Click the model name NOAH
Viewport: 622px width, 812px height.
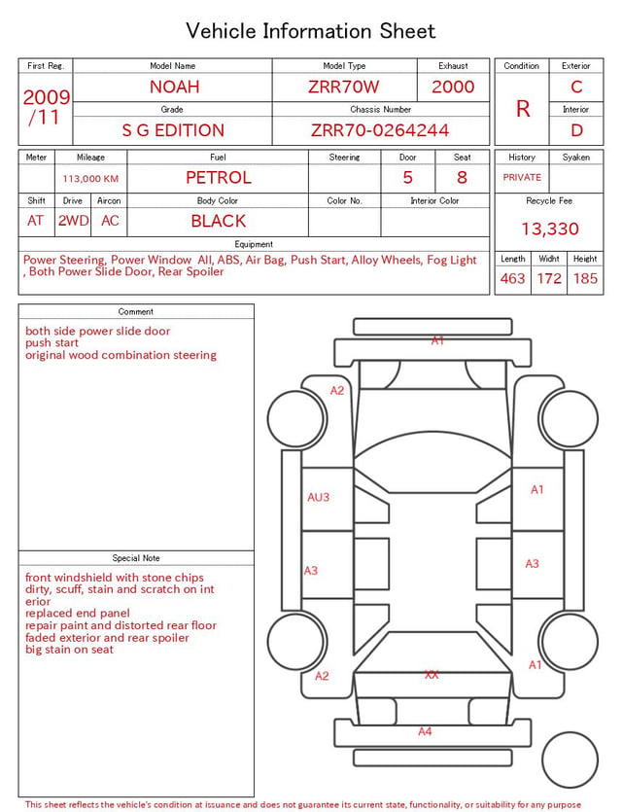pyautogui.click(x=174, y=87)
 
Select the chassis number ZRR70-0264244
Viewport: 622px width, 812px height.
pyautogui.click(x=380, y=130)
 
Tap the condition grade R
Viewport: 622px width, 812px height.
pyautogui.click(x=523, y=109)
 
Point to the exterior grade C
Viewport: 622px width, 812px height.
pyautogui.click(x=576, y=87)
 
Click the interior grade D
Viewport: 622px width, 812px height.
pyautogui.click(x=576, y=130)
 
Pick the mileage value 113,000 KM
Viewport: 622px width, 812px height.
pyautogui.click(x=90, y=179)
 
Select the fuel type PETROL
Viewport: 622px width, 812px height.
pyautogui.click(x=219, y=178)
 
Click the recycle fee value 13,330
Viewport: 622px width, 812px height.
pyautogui.click(x=549, y=229)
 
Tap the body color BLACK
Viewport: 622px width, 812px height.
pyautogui.click(x=219, y=221)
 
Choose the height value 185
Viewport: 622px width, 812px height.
pyautogui.click(x=585, y=278)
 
